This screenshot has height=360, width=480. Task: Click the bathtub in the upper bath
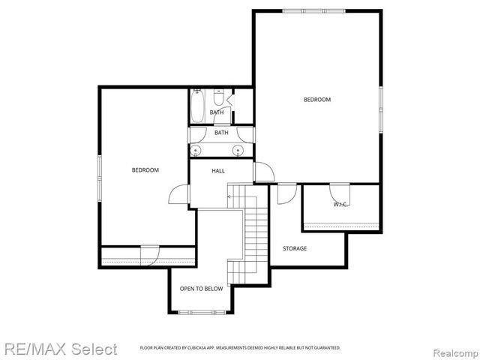(x=196, y=106)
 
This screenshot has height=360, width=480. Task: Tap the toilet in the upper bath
(x=218, y=98)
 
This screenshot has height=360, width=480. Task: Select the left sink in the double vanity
(x=196, y=150)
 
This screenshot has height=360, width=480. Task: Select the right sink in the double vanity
(x=239, y=150)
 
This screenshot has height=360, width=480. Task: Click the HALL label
(x=218, y=171)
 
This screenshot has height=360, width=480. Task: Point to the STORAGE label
(x=294, y=248)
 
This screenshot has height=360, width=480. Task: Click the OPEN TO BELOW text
(x=201, y=289)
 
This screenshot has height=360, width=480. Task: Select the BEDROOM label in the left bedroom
(x=145, y=170)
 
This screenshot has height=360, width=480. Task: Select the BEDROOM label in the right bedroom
(x=316, y=100)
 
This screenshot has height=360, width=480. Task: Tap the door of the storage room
(x=286, y=193)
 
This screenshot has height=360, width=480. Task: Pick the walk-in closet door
(x=340, y=190)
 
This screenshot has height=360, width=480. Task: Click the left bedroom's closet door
(x=150, y=255)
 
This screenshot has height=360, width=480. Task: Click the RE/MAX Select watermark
(x=60, y=349)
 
